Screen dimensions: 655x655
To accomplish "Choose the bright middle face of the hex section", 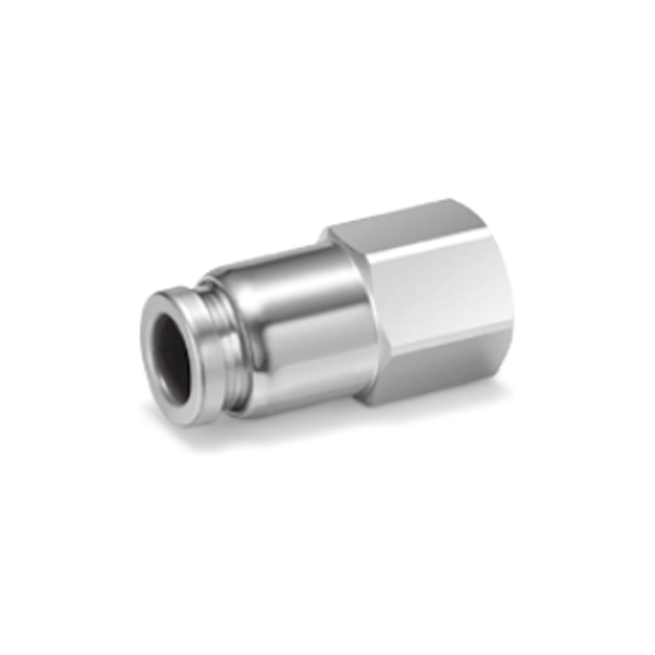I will tap(437, 285).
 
